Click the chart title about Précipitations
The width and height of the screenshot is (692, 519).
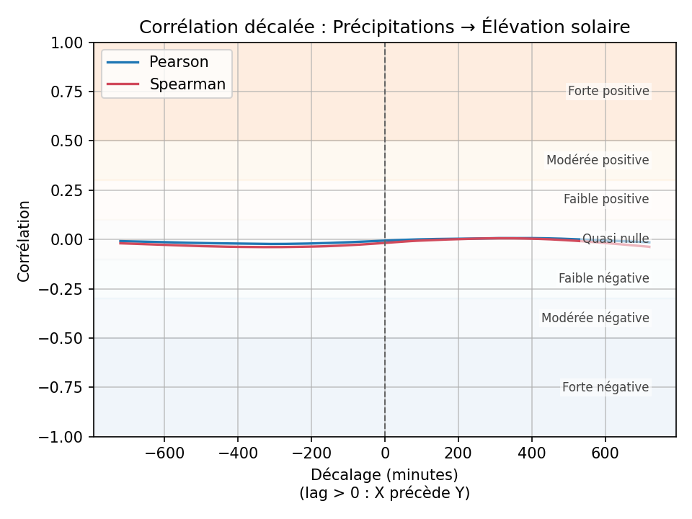(x=384, y=27)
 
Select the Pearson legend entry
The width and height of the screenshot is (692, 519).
(x=178, y=62)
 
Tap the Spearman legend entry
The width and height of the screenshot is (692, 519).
(x=187, y=84)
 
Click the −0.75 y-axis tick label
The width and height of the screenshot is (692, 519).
(x=66, y=387)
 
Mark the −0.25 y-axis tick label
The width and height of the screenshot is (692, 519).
(x=66, y=289)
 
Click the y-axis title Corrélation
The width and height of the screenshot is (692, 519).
(x=25, y=240)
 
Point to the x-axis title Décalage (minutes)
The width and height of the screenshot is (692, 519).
(x=384, y=475)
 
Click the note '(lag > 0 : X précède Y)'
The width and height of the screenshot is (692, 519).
(x=384, y=493)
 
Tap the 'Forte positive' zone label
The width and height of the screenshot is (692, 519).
(x=608, y=92)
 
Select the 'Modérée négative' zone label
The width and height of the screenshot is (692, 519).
(x=595, y=318)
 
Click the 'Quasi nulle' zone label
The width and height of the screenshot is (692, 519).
(x=616, y=239)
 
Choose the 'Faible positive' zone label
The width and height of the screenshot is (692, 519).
(x=606, y=199)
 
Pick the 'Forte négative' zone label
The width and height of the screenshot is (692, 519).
(x=605, y=387)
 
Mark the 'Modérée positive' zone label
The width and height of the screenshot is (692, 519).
(x=598, y=160)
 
